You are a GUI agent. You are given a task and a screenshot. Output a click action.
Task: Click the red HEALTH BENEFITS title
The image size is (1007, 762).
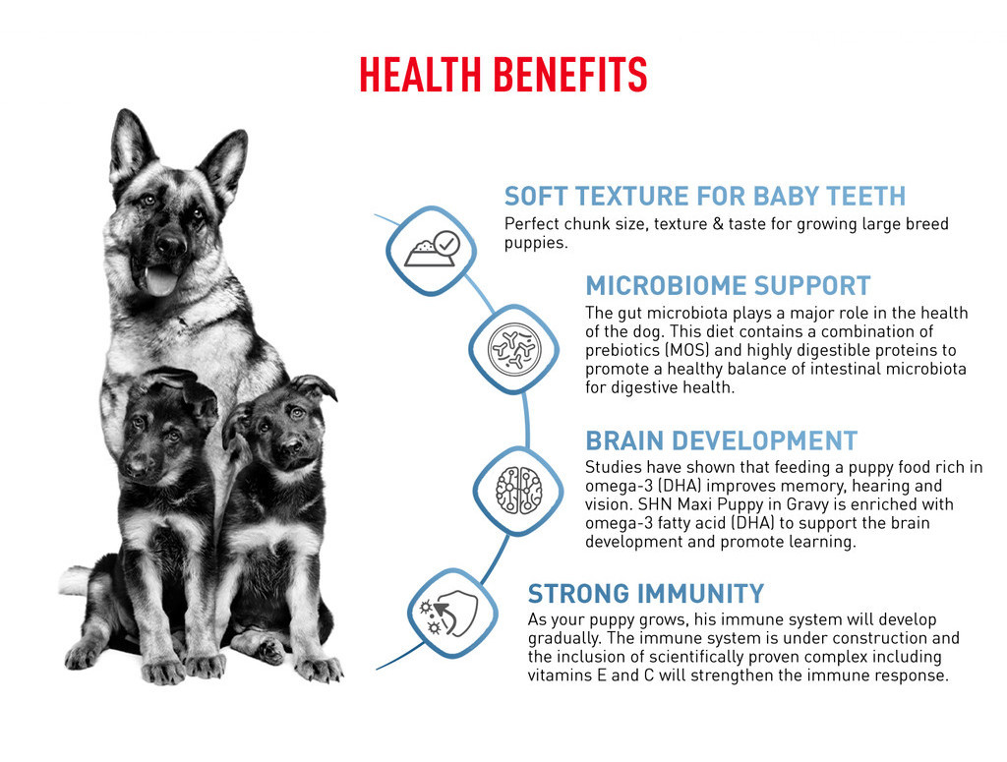coord(503,75)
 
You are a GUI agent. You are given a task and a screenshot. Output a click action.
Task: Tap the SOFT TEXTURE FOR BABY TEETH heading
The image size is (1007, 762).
coord(704,196)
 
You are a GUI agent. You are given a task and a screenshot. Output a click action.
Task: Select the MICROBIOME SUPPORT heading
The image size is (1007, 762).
coord(728,286)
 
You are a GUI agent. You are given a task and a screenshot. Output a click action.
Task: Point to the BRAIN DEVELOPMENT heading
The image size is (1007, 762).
coord(721,441)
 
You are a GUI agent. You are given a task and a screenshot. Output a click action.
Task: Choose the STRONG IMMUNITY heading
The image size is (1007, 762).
coord(645,594)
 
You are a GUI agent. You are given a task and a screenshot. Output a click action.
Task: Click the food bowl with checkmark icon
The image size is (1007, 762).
coord(431,250)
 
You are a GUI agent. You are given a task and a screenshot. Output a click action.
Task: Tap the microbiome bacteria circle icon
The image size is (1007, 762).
coord(513,349)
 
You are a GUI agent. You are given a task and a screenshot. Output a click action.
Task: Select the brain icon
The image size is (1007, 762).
coord(518,491)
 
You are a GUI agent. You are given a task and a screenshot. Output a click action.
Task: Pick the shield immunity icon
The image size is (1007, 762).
coord(448,614)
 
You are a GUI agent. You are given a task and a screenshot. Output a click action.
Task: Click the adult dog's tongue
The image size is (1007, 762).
coord(159,281)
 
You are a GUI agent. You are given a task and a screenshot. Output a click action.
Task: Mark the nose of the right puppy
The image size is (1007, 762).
coord(291,444)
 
